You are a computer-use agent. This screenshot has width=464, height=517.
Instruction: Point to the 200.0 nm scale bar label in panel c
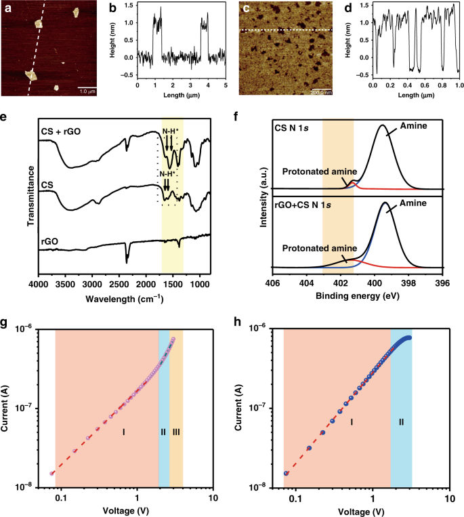pyautogui.click(x=321, y=92)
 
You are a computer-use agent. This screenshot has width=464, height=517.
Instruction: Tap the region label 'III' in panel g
pyautogui.click(x=176, y=432)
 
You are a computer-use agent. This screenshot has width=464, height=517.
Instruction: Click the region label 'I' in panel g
pyautogui.click(x=124, y=432)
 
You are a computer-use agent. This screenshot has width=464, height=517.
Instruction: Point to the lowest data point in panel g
pyautogui.click(x=52, y=474)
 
